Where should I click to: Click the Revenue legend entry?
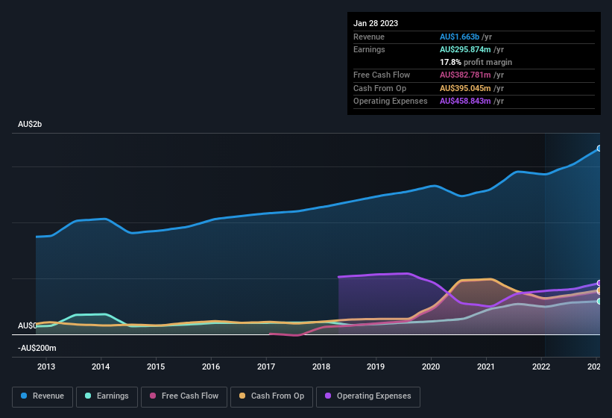click(43, 396)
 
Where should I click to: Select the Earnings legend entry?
click(107, 396)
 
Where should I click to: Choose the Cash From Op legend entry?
click(271, 396)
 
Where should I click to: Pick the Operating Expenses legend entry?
click(368, 396)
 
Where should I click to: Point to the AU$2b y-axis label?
click(30, 124)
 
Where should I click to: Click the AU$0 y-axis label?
click(27, 326)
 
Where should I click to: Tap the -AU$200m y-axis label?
click(37, 349)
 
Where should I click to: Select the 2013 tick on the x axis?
click(46, 366)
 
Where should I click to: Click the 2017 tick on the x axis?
click(266, 366)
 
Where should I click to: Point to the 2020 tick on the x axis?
click(431, 366)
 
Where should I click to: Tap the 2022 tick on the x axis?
click(541, 366)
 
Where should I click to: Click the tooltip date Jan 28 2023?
click(376, 23)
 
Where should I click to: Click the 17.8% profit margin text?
click(476, 62)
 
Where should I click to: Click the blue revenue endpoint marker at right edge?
click(599, 149)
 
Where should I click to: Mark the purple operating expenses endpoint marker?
click(599, 284)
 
